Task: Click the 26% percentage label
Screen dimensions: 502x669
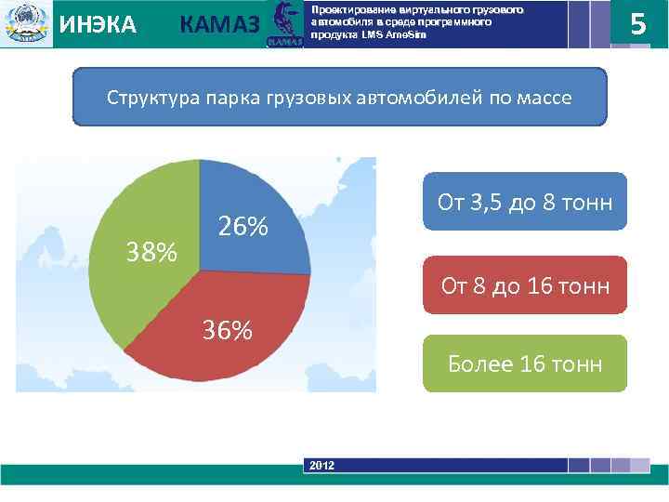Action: tap(243, 227)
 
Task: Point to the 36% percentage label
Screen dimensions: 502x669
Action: tap(228, 330)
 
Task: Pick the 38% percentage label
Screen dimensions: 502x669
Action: tap(152, 252)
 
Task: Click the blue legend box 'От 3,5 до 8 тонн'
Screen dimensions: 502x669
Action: tap(525, 202)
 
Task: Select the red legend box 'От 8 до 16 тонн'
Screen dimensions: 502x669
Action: tap(525, 285)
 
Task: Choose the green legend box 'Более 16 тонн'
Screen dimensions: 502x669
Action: tap(525, 363)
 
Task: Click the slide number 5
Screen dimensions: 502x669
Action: tap(638, 23)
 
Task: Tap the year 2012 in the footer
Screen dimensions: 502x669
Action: tap(322, 465)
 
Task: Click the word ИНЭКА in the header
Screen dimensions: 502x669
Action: tap(98, 25)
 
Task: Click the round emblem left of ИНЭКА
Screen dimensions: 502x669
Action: tap(25, 23)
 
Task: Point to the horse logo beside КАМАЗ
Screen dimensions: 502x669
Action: tap(282, 23)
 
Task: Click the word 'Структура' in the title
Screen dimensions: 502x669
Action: tap(149, 98)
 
